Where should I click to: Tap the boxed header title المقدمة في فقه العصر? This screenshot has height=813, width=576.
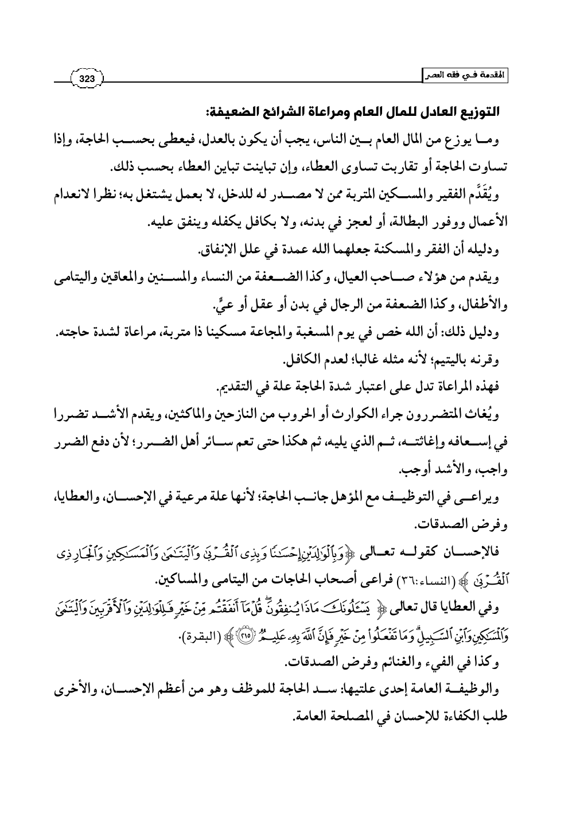click(466, 76)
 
